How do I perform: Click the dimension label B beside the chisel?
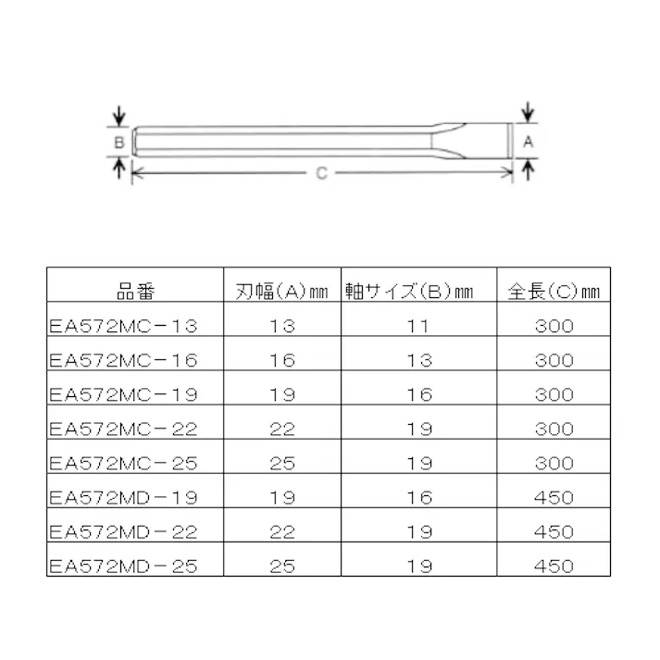coord(118,143)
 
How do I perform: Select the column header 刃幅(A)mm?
coord(281,292)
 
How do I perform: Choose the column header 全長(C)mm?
coord(554,292)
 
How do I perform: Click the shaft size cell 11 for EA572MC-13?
coord(419,326)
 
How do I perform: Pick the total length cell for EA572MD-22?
coord(554,531)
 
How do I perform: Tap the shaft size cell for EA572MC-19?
coord(419,394)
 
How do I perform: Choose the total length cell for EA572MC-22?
coord(554,429)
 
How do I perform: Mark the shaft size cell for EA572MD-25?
coord(419,566)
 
